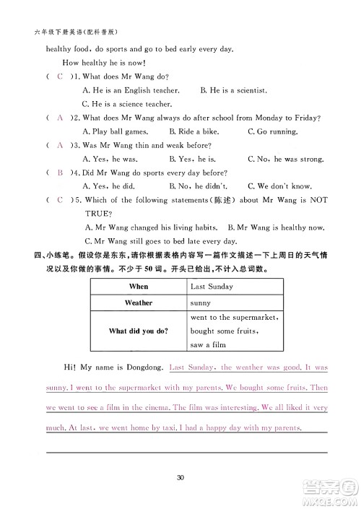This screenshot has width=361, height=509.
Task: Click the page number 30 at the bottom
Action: (x=181, y=476)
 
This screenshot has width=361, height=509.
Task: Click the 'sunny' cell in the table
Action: (x=200, y=303)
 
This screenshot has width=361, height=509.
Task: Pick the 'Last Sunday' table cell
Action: (x=212, y=287)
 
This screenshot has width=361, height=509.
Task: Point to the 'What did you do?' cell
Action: (x=138, y=331)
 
